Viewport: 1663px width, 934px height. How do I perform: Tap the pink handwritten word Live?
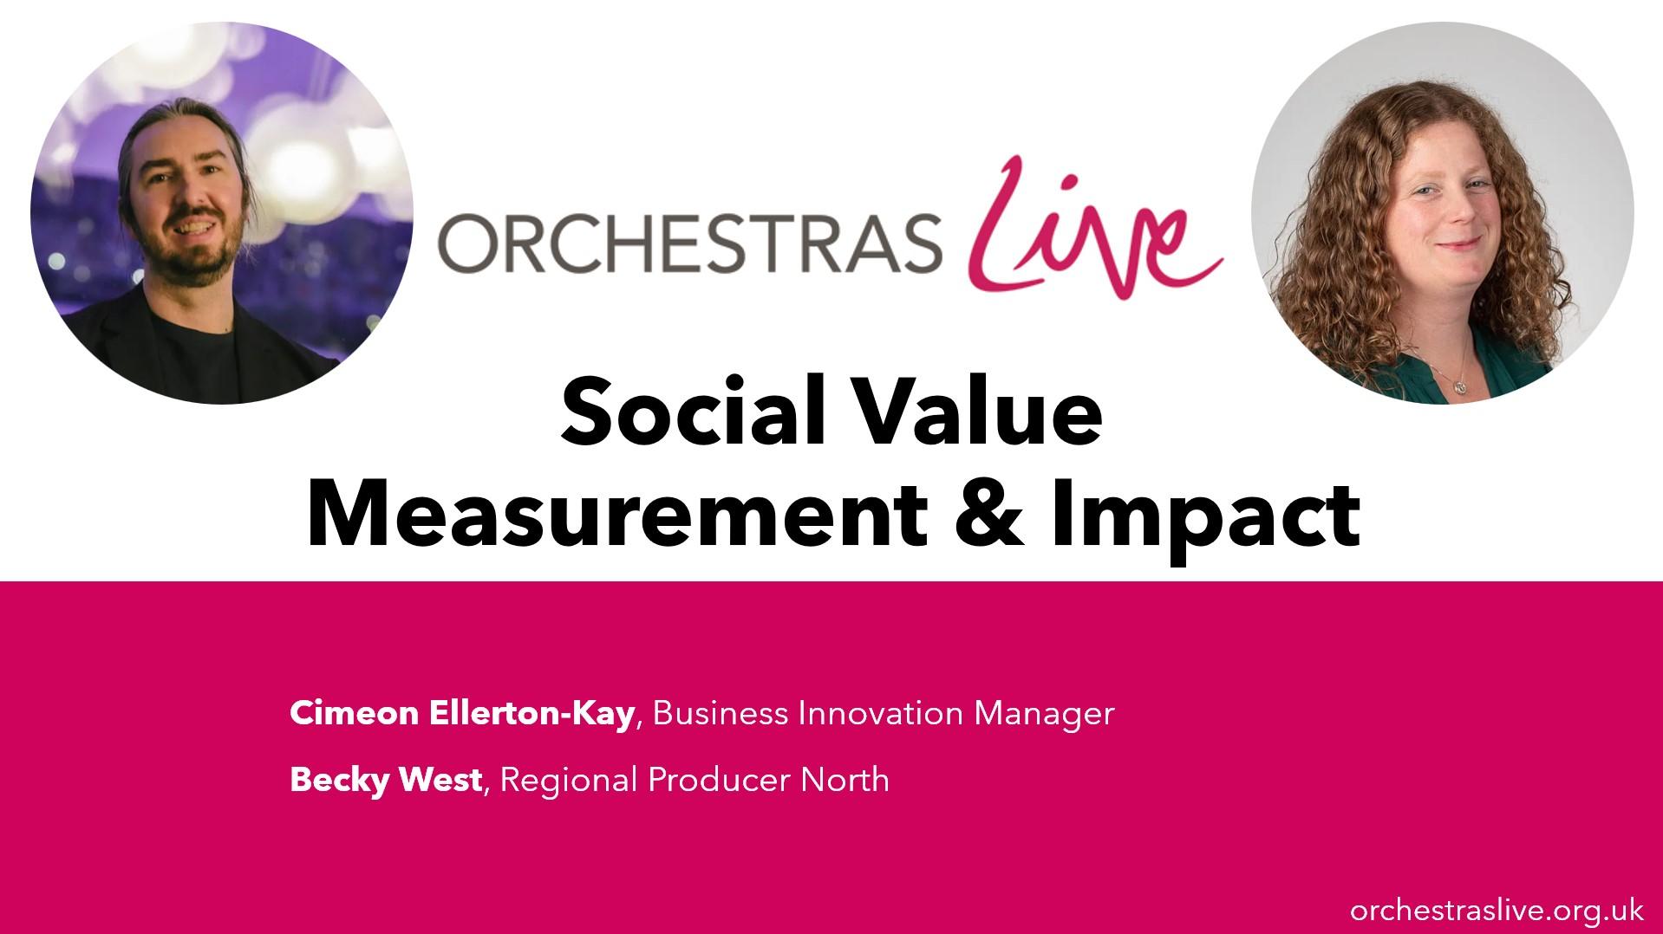click(x=1094, y=227)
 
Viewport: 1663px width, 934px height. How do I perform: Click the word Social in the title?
click(x=689, y=413)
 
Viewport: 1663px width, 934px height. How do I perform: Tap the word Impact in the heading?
click(x=1204, y=520)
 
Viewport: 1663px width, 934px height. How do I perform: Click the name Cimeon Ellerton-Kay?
click(x=462, y=713)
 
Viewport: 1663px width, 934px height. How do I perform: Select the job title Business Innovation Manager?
click(x=883, y=713)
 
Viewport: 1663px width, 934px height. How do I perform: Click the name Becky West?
click(x=386, y=780)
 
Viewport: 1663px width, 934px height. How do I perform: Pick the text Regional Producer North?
click(x=695, y=780)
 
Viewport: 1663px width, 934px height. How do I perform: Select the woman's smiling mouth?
click(x=1459, y=245)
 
